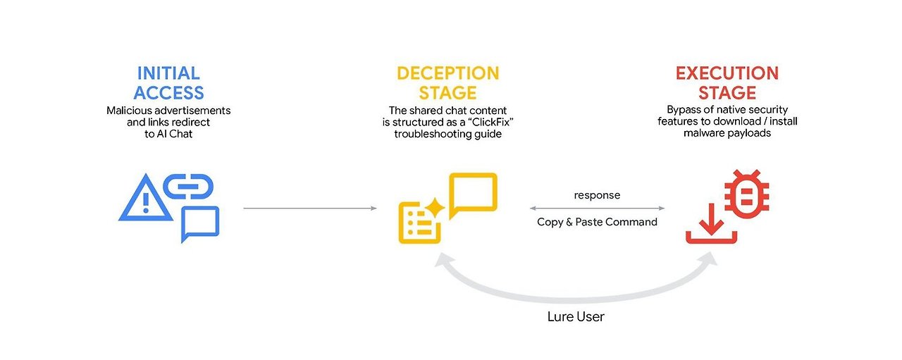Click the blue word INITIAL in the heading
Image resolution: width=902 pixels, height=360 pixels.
click(x=168, y=73)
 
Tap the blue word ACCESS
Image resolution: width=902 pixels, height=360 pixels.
click(x=168, y=92)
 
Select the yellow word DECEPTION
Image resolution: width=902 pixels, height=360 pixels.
click(x=447, y=73)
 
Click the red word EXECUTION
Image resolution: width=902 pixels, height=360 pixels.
click(x=727, y=73)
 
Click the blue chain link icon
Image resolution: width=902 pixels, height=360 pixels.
click(x=188, y=186)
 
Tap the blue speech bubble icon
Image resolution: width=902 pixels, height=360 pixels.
click(x=199, y=223)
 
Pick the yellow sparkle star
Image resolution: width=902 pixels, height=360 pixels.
click(x=434, y=207)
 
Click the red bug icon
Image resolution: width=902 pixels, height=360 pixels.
click(x=747, y=194)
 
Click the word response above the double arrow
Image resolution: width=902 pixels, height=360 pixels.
click(x=597, y=195)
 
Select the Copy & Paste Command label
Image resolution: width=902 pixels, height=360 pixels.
click(x=597, y=222)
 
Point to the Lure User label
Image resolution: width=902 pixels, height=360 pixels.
click(x=576, y=316)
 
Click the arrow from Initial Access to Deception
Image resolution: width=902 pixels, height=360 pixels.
click(x=310, y=208)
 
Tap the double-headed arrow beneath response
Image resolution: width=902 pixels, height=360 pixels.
click(x=597, y=209)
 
